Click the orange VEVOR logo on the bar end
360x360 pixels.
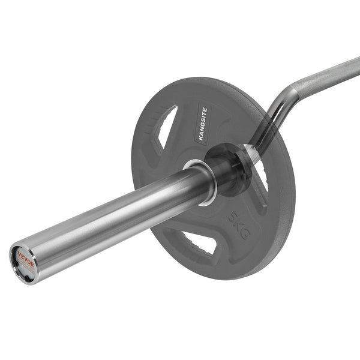26,258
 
